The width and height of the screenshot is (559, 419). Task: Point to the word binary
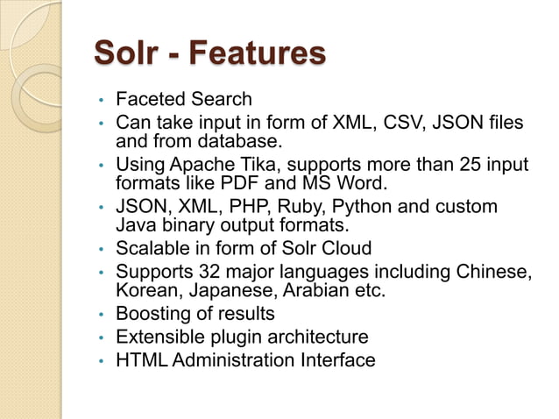tap(186, 226)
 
